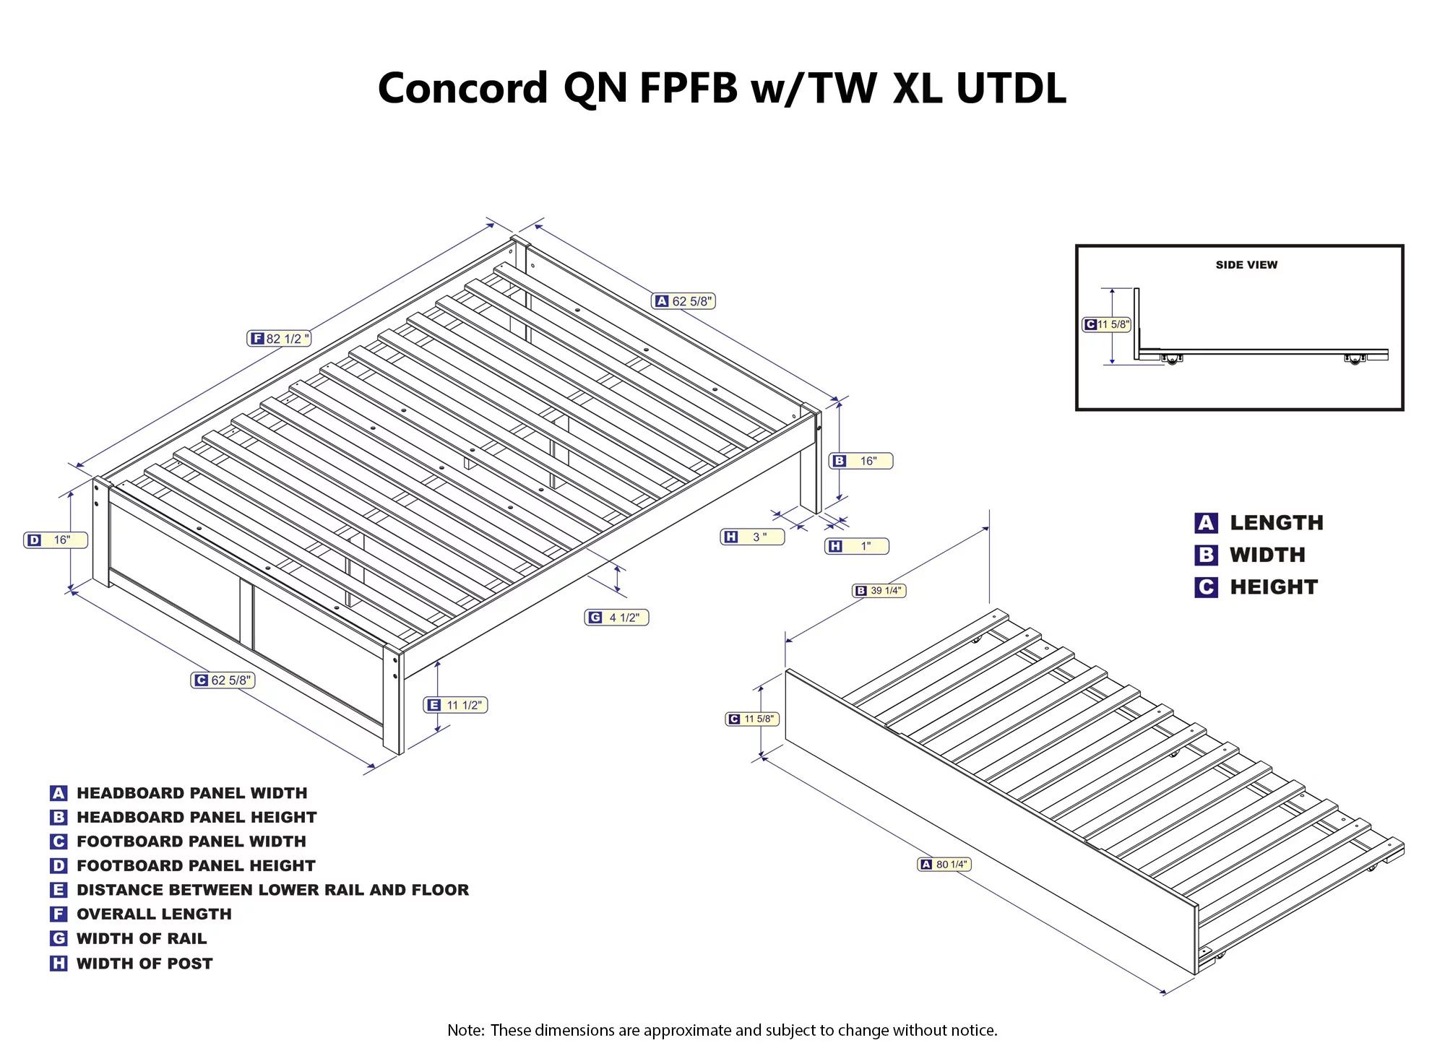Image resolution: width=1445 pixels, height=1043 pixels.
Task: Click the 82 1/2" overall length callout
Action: pos(279,339)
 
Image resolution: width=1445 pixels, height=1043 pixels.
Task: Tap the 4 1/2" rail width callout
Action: pos(616,618)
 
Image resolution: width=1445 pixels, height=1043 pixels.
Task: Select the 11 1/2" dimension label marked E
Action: pos(455,705)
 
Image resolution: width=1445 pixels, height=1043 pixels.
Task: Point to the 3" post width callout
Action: pos(752,537)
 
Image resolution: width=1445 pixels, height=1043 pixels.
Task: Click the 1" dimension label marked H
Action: pos(856,546)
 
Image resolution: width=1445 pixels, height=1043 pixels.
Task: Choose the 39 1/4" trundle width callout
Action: pos(879,591)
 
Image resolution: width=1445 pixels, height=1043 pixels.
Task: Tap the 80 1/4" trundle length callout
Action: pos(944,865)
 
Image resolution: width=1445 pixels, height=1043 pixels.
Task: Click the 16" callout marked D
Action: pos(56,540)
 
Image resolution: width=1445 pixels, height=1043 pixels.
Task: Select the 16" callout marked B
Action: pos(860,461)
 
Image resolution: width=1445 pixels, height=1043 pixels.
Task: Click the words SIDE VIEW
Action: pos(1246,265)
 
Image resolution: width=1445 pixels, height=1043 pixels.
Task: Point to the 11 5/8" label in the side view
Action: pos(1106,325)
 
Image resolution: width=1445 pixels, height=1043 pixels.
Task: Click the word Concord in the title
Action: pos(462,88)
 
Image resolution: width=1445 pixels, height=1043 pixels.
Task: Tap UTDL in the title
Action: pos(1011,88)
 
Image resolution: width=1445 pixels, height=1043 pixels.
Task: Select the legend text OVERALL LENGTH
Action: pos(154,914)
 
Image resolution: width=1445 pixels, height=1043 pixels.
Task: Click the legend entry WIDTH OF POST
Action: pos(144,964)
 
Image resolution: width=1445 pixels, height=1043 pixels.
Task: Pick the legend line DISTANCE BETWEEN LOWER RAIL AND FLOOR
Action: pos(272,890)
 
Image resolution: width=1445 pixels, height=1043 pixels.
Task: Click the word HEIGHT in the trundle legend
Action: pos(1274,587)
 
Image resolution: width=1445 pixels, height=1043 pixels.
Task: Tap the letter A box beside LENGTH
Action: pos(1206,523)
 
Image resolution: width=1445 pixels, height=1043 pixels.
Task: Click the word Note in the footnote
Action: pos(465,1030)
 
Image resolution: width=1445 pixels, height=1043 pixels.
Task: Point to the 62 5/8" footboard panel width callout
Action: pos(223,680)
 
